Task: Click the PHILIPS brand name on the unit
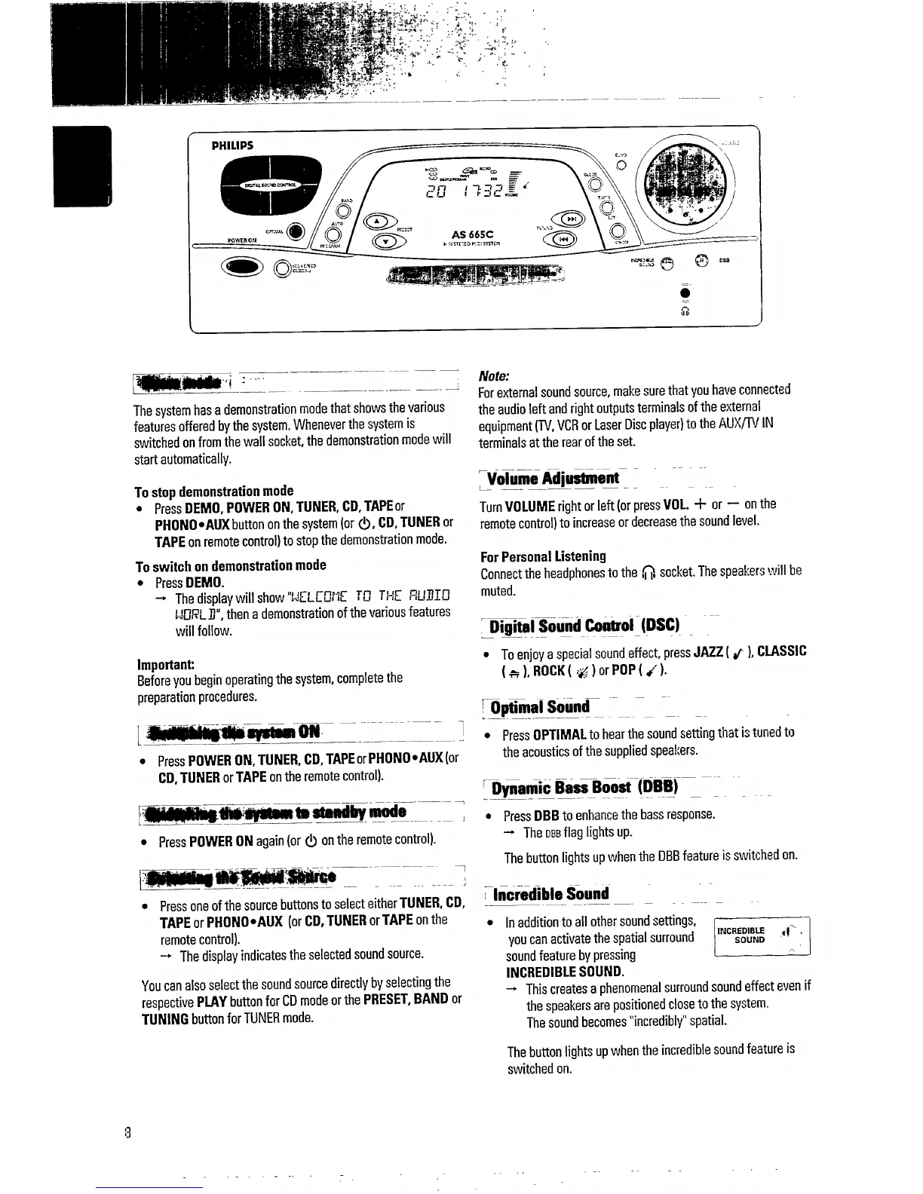(x=232, y=145)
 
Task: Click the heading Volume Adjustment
(x=553, y=479)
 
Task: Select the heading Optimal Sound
(x=540, y=707)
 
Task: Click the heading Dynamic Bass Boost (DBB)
(x=584, y=788)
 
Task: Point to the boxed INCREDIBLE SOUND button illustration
(x=761, y=935)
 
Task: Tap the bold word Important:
(x=166, y=665)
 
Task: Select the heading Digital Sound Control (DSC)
(x=584, y=626)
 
